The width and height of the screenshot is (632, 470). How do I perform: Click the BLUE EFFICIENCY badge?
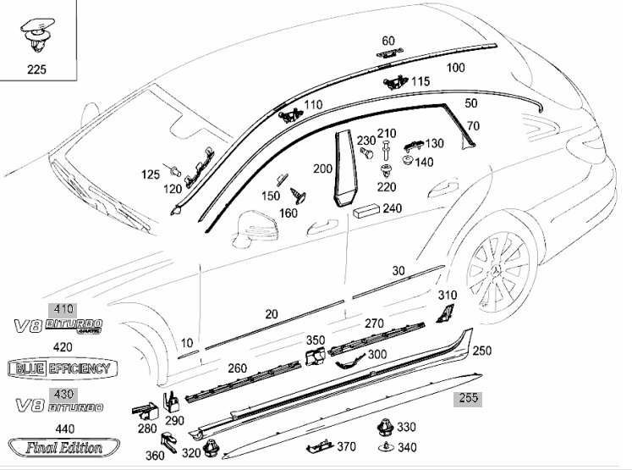tap(61, 368)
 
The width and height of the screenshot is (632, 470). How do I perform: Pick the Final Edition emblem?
tap(61, 447)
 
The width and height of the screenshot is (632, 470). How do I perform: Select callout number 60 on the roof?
tap(388, 41)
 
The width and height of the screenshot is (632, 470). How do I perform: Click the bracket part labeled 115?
tap(394, 83)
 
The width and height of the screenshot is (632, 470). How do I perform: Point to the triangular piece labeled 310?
tap(444, 314)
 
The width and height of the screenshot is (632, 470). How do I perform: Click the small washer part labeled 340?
tap(385, 446)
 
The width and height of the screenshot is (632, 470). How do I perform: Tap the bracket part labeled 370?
tap(320, 445)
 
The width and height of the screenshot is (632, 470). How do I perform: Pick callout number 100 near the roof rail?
tap(455, 67)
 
